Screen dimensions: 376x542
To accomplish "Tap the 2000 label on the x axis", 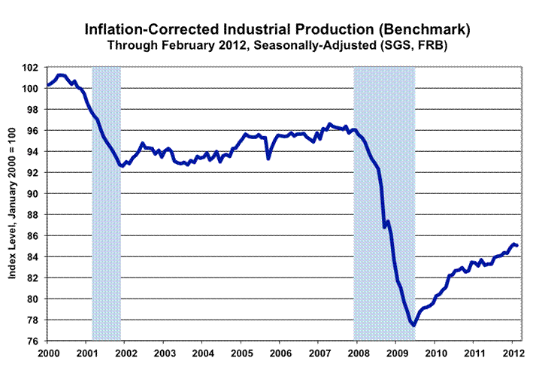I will point(48,352).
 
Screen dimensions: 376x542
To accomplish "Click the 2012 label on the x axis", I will point(513,352).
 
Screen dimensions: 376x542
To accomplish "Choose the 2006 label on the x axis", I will point(280,352).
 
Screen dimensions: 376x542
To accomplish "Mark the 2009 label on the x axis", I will point(396,352).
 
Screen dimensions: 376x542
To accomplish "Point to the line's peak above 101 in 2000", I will point(61,75).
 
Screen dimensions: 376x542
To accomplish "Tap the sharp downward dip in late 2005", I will point(268,158).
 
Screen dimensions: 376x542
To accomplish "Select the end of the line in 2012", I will point(516,245).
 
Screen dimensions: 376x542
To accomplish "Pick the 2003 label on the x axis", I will point(164,352).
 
